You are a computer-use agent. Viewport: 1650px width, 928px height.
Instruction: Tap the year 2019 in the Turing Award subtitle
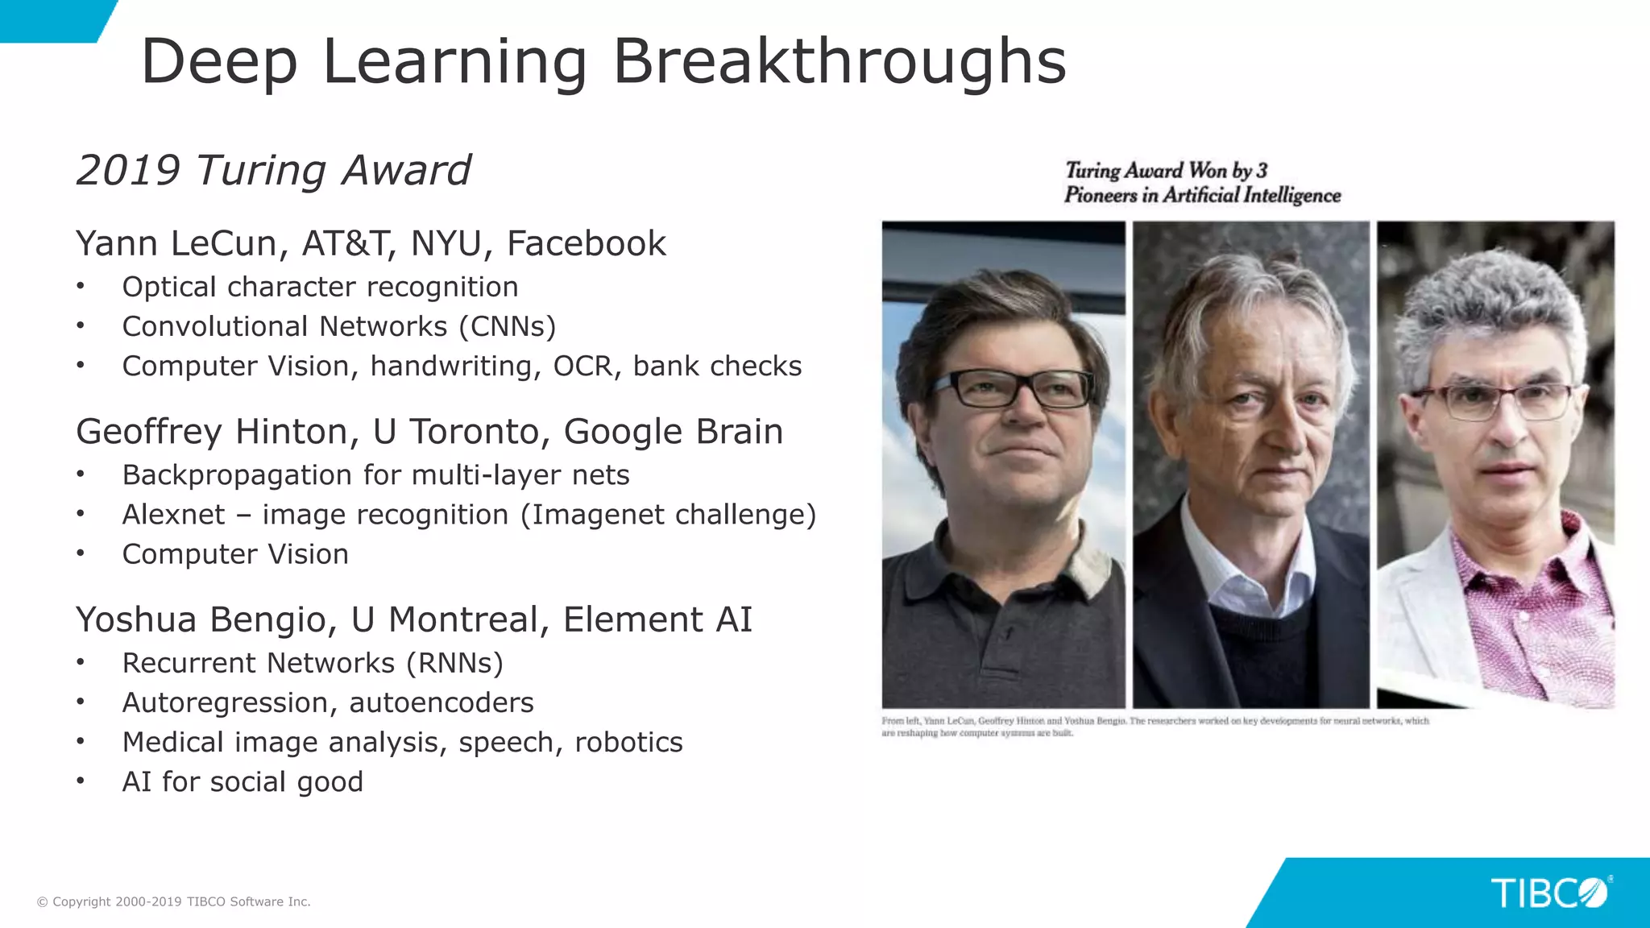click(127, 171)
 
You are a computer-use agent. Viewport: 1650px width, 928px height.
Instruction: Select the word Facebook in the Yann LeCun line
click(586, 243)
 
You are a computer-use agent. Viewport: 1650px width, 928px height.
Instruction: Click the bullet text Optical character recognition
click(320, 287)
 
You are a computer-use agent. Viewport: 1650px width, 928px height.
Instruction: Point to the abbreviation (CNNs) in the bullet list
click(507, 326)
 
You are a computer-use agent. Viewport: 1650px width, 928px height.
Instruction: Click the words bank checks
click(717, 366)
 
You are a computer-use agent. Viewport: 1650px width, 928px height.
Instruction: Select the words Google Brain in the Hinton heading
click(673, 432)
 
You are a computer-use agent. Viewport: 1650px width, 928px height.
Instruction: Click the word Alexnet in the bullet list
click(173, 515)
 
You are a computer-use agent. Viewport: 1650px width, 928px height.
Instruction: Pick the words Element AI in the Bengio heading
click(657, 619)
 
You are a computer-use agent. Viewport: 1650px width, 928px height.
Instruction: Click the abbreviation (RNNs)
click(454, 663)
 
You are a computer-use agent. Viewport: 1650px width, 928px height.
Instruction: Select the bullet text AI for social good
click(243, 781)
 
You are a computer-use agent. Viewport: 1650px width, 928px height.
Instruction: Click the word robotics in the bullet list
click(628, 742)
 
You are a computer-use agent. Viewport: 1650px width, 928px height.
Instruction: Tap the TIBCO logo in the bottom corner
click(1548, 893)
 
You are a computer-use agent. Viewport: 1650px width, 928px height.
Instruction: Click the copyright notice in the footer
click(174, 901)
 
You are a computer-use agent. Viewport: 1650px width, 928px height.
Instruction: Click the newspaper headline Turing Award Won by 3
click(1166, 171)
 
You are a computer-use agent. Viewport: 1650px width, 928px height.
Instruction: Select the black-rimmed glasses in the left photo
click(1011, 389)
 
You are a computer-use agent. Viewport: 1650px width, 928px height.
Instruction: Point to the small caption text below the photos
click(1155, 727)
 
